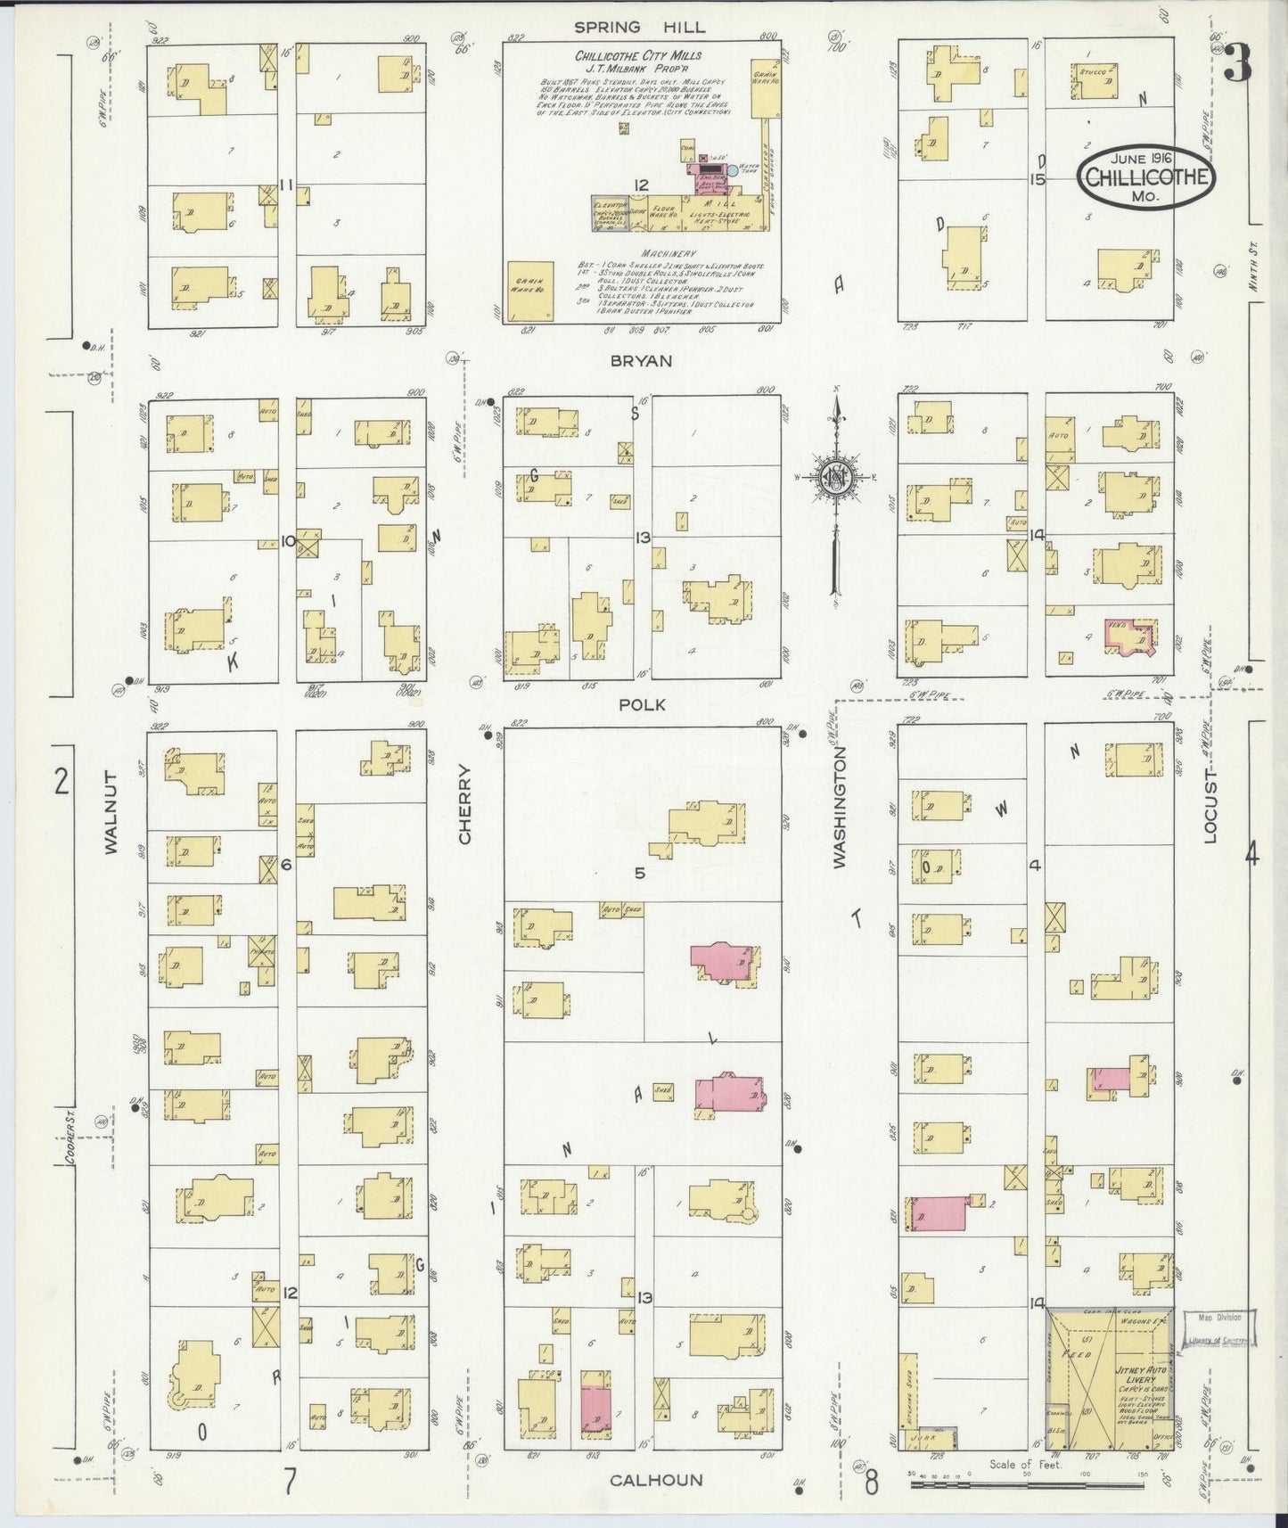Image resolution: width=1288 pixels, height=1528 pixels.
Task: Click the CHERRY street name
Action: coord(464,816)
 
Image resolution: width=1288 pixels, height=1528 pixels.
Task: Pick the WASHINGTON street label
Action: coord(840,807)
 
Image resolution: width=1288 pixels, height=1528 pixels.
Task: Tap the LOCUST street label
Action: coord(1210,807)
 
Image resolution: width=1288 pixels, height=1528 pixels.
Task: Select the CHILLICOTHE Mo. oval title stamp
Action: coord(1146,177)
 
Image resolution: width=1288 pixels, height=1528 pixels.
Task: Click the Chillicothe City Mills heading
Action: coord(637,55)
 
